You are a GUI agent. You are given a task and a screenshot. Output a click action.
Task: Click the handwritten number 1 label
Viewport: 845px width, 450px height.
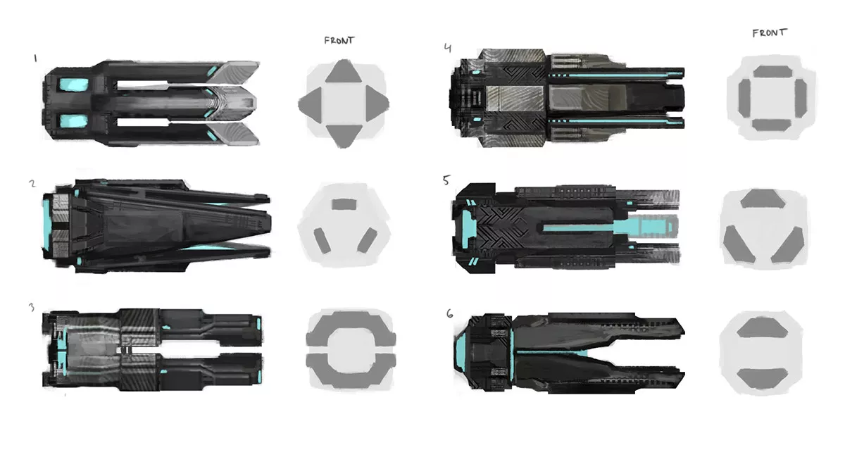pyautogui.click(x=35, y=59)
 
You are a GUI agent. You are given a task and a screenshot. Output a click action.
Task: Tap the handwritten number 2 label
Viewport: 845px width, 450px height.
pyautogui.click(x=32, y=184)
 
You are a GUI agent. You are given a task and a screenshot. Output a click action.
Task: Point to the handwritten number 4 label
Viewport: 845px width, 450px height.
pyautogui.click(x=448, y=48)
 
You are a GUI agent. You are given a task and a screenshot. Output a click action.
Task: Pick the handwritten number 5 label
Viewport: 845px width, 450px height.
pyautogui.click(x=446, y=180)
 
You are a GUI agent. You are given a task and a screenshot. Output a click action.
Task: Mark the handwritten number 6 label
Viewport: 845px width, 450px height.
pyautogui.click(x=449, y=313)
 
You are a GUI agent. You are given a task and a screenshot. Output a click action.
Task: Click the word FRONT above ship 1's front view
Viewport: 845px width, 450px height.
pyautogui.click(x=339, y=40)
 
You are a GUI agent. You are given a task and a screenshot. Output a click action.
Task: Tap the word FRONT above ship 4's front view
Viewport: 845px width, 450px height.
pyautogui.click(x=770, y=32)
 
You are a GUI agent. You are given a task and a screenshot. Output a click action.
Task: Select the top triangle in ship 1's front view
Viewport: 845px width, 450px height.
pyautogui.click(x=343, y=73)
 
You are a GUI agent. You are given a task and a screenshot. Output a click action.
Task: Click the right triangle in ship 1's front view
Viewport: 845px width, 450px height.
pyautogui.click(x=380, y=104)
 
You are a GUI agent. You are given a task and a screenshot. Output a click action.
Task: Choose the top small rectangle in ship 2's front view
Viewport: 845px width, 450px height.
pyautogui.click(x=344, y=204)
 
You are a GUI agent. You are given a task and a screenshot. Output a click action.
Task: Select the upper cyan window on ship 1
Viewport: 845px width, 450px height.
pyautogui.click(x=73, y=85)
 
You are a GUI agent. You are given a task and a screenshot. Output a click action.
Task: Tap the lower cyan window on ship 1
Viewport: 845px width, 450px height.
pyautogui.click(x=73, y=120)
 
